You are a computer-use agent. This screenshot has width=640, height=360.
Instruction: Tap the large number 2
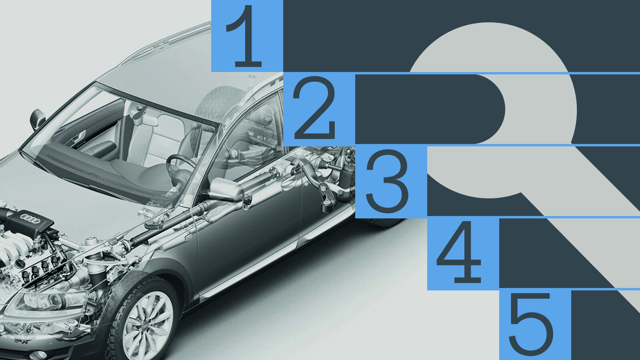(314, 108)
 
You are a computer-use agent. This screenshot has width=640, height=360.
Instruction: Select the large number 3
(387, 181)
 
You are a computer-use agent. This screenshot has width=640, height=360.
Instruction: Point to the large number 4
(458, 252)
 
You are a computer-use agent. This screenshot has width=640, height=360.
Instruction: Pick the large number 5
(531, 324)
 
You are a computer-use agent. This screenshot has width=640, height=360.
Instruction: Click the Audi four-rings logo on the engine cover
(30, 218)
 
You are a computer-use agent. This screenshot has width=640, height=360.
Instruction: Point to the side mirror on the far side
(37, 118)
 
